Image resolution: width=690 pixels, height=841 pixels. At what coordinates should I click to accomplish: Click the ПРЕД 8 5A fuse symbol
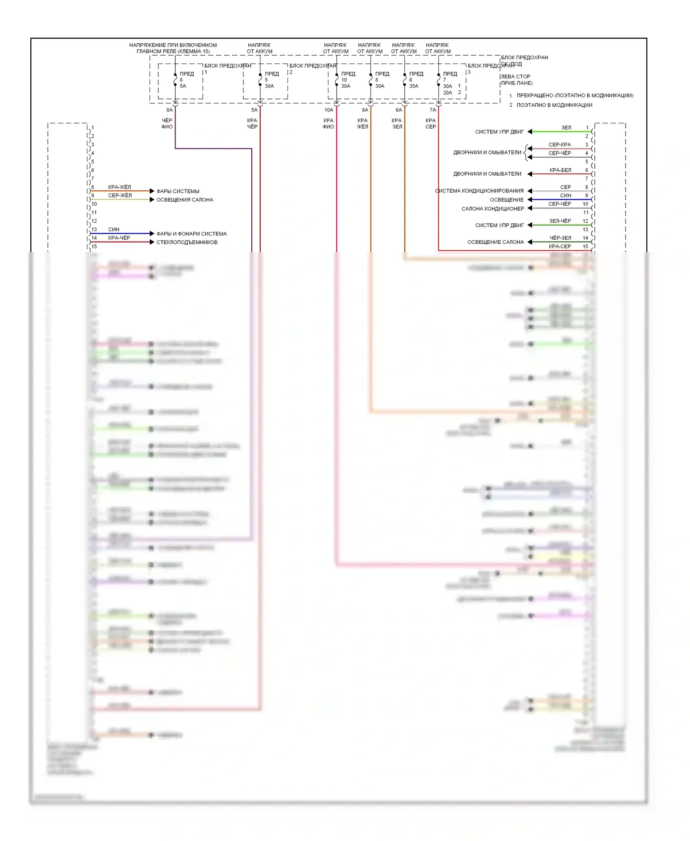click(175, 81)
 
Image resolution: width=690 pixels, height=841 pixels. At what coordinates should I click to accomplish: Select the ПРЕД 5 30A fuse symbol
click(260, 81)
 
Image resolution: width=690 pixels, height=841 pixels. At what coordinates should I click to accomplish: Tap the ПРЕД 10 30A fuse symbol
click(337, 81)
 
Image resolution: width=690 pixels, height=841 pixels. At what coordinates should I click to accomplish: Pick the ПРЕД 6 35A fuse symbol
click(405, 81)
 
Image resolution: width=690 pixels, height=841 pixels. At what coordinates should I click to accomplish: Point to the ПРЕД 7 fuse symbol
click(439, 81)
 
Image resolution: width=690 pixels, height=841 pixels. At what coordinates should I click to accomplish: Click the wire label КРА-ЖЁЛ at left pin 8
click(120, 187)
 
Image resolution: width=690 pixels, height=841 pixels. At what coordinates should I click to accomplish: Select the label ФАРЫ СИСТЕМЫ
click(178, 191)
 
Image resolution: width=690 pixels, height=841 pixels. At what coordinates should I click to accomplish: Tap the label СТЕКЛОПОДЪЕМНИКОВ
click(187, 242)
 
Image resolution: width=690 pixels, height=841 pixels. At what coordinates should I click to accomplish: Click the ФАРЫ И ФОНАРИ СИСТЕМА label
click(191, 234)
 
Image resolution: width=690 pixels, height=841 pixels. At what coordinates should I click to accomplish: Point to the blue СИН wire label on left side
click(114, 230)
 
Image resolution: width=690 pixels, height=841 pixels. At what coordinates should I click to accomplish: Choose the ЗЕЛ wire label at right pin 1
click(566, 128)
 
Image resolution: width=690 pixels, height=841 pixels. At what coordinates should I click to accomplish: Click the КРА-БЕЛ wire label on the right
click(560, 170)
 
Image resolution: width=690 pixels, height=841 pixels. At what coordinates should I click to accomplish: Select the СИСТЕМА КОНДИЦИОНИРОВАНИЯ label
click(480, 191)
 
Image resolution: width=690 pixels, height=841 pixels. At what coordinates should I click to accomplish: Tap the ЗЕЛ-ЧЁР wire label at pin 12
click(560, 221)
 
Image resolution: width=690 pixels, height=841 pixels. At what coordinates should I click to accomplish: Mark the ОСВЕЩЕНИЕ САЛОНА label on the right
click(495, 242)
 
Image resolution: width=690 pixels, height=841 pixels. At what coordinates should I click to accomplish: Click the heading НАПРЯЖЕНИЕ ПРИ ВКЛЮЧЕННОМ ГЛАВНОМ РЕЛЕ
click(173, 48)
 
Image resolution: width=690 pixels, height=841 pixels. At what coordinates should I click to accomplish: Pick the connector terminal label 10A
click(328, 110)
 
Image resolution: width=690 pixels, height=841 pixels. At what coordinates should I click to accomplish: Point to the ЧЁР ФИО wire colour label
click(167, 124)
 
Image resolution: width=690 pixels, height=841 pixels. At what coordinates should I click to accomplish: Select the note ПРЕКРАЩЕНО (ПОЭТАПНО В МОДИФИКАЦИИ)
click(575, 96)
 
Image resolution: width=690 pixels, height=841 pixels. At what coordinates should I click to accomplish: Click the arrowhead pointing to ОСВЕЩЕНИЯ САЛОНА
click(152, 200)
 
